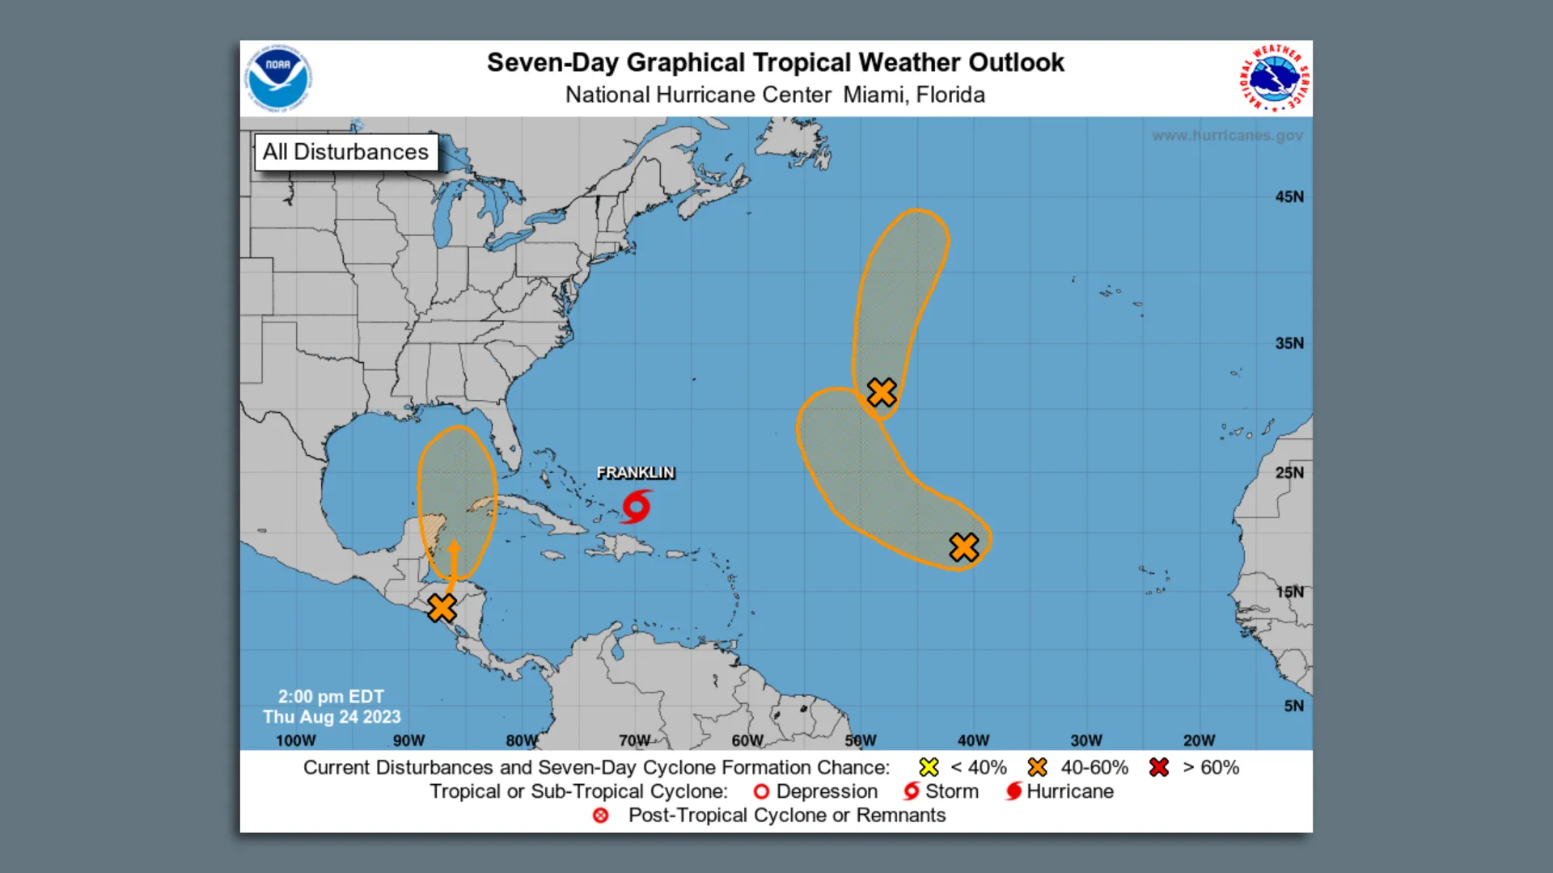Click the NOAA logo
coord(278,78)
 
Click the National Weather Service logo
coord(1275,78)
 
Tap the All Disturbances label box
coord(346,152)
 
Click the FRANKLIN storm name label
coord(636,473)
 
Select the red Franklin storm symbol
coord(637,507)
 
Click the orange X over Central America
coord(442,607)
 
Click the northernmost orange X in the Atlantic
coord(882,392)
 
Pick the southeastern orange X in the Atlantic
coord(963,547)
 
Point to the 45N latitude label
coord(1289,196)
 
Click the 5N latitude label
coord(1293,706)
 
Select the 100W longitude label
coord(296,740)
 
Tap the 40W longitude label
coord(973,740)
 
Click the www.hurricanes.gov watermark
coord(1227,136)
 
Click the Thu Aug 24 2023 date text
coord(332,717)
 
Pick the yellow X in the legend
coord(929,767)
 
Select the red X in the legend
coord(1159,767)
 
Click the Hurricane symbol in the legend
coord(1013,791)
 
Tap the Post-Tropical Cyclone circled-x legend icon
coord(600,816)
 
